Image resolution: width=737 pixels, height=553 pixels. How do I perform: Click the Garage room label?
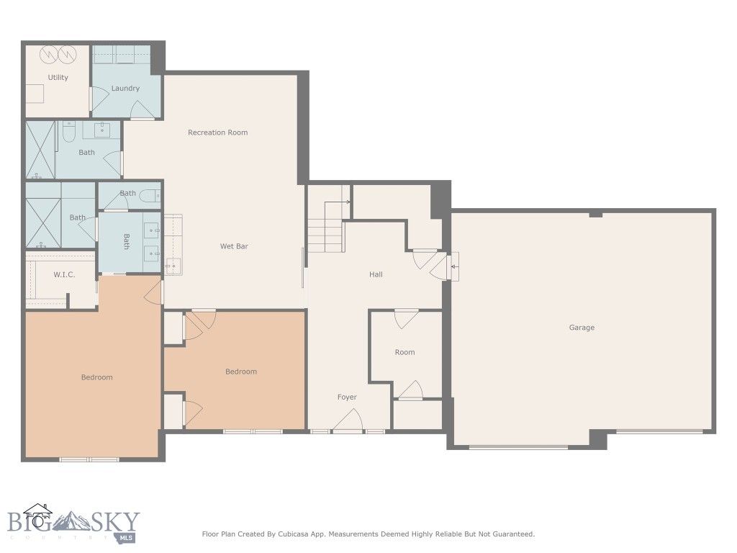click(582, 328)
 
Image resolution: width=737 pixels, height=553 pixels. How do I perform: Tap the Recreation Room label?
click(217, 132)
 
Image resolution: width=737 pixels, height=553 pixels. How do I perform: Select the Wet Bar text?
click(234, 246)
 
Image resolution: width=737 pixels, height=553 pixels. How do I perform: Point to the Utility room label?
click(58, 78)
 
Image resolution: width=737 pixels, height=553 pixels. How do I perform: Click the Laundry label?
click(125, 89)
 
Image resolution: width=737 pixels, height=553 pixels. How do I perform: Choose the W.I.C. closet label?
click(64, 275)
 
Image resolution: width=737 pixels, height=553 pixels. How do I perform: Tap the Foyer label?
click(347, 397)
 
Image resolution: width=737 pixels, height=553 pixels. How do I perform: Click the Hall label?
click(376, 274)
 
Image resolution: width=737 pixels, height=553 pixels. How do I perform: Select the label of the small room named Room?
click(404, 352)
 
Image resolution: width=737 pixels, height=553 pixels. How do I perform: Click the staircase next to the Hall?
click(325, 227)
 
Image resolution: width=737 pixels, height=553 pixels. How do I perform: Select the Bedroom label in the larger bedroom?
click(96, 377)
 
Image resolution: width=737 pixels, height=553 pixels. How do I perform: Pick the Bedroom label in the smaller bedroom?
click(240, 372)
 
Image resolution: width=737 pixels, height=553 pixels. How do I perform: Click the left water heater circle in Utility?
click(48, 54)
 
